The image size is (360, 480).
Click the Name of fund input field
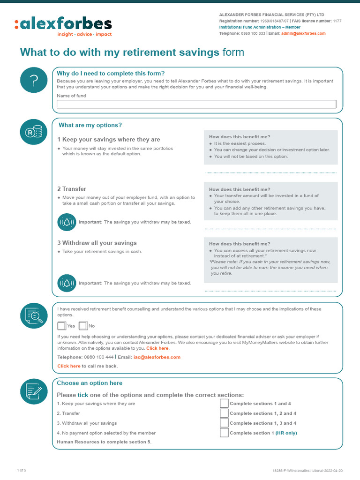(x=196, y=104)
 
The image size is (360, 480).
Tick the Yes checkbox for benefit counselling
(x=62, y=326)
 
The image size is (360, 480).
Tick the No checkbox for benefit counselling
(x=83, y=326)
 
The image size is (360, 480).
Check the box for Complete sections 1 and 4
(x=225, y=404)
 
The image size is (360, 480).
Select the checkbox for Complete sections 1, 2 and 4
(x=225, y=413)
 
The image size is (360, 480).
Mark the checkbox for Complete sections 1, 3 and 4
(x=225, y=423)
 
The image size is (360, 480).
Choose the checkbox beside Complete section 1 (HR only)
(x=225, y=433)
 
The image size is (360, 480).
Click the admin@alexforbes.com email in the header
(x=303, y=34)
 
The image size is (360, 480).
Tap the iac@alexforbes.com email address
(x=157, y=357)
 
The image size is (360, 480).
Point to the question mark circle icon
(x=33, y=80)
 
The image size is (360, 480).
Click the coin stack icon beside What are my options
(x=33, y=132)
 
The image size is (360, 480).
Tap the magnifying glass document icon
(x=33, y=315)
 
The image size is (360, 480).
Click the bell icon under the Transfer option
(x=67, y=222)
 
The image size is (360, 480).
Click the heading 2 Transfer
(x=72, y=189)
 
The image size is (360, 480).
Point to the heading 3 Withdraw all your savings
(x=97, y=243)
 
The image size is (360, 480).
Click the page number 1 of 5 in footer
(x=22, y=470)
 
